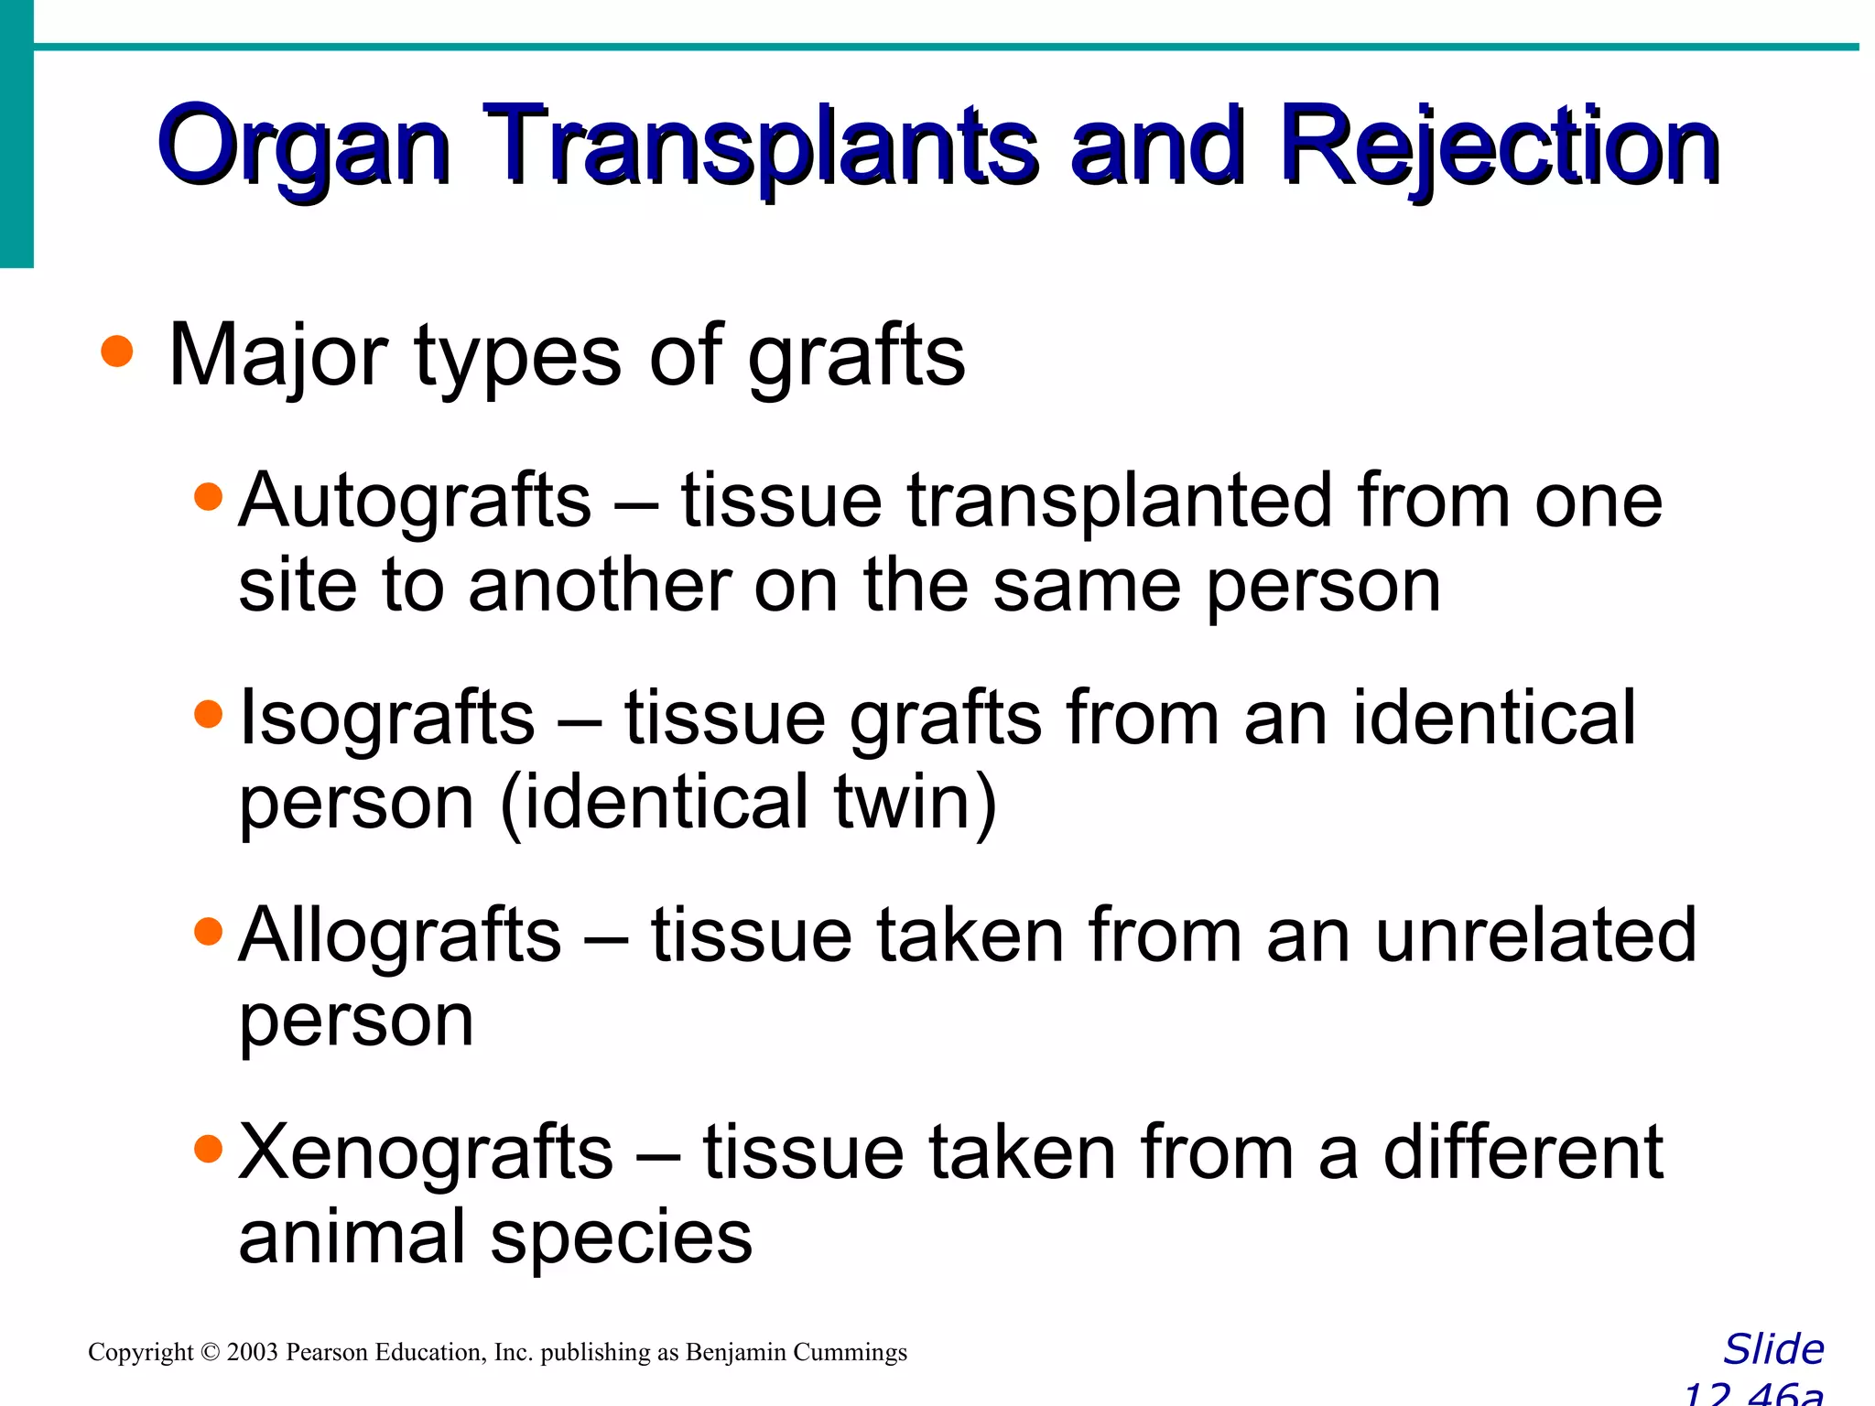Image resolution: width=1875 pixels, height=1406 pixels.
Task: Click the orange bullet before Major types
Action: pyautogui.click(x=117, y=351)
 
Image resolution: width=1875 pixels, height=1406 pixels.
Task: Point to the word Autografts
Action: pyautogui.click(x=415, y=502)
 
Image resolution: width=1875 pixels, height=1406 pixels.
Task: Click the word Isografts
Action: pyautogui.click(x=386, y=719)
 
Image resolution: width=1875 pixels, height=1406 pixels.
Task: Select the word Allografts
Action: pyautogui.click(x=399, y=936)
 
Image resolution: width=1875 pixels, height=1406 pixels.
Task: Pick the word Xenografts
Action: pyautogui.click(x=426, y=1152)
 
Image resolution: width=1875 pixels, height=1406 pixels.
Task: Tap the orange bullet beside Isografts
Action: pyautogui.click(x=209, y=714)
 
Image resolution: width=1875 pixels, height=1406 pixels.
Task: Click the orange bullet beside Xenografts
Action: pyautogui.click(x=209, y=1148)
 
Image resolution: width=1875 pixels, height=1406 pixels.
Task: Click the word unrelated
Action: pyautogui.click(x=1535, y=936)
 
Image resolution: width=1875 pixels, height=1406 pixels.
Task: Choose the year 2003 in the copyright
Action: pyautogui.click(x=252, y=1352)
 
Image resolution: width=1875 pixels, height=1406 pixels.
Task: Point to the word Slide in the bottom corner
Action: pyautogui.click(x=1773, y=1349)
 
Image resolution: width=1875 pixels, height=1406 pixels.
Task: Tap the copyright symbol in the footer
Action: pyautogui.click(x=210, y=1352)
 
